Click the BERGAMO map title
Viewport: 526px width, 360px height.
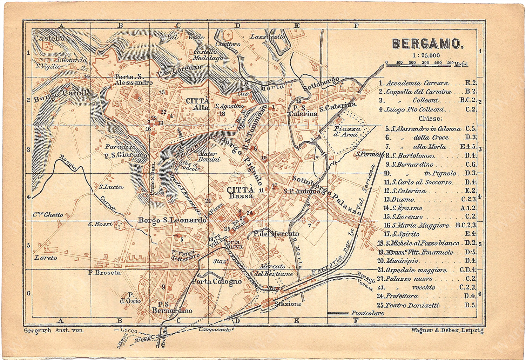[x=427, y=44]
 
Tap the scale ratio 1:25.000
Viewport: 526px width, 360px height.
[x=426, y=55]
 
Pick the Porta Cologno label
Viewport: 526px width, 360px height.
[x=217, y=281]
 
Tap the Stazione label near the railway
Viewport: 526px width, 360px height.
[x=288, y=304]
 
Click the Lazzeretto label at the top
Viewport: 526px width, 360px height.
[x=268, y=36]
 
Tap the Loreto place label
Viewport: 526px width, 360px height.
[x=46, y=258]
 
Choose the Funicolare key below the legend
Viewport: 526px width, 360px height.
[x=367, y=313]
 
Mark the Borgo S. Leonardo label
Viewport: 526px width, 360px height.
[x=172, y=220]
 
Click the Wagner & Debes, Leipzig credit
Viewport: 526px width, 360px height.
[x=447, y=330]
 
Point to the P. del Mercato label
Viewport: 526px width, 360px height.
[x=276, y=234]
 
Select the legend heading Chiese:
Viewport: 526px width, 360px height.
[x=430, y=119]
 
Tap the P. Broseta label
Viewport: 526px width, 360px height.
[x=104, y=272]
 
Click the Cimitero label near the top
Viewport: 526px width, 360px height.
[x=228, y=44]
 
